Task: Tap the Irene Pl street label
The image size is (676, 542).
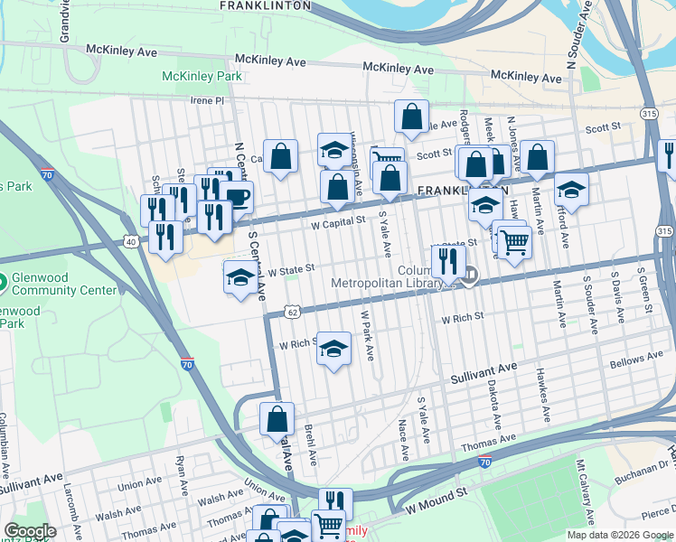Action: [x=206, y=101]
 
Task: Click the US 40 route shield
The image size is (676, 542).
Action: [x=131, y=241]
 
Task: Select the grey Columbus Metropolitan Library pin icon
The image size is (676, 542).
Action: [x=471, y=276]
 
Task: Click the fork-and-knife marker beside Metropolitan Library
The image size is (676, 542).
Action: [x=448, y=261]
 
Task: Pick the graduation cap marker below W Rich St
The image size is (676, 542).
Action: [x=333, y=350]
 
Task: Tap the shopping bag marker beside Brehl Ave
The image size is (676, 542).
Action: [x=277, y=419]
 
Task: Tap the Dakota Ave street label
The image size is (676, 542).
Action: [x=494, y=408]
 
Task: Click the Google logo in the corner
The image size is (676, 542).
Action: [x=30, y=531]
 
